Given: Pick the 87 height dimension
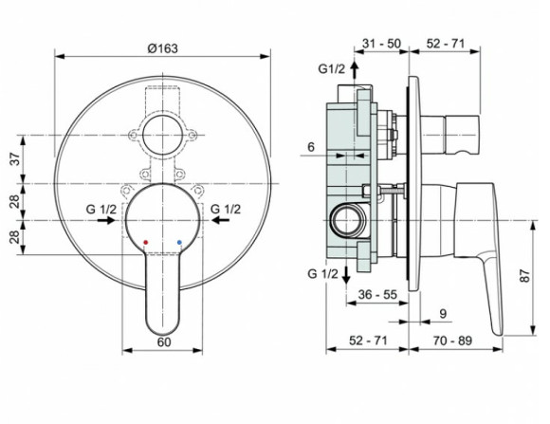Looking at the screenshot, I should [x=522, y=277].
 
